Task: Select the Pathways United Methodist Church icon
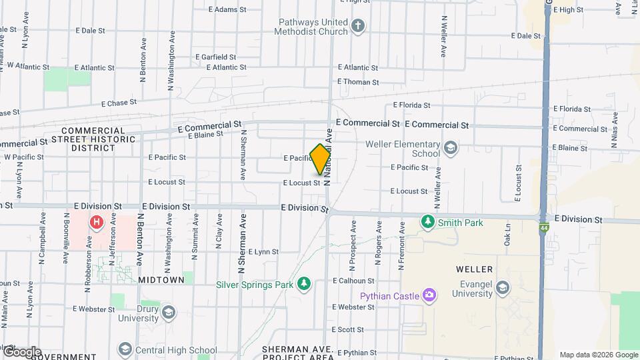point(358,26)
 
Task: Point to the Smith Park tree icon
point(427,221)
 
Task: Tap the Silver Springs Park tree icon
point(304,284)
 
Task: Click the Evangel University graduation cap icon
point(502,288)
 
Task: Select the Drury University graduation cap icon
point(169,312)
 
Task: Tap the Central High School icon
point(125,349)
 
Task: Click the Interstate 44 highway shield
point(545,227)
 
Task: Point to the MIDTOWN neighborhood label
point(161,281)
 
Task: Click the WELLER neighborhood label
point(474,269)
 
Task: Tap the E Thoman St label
point(358,82)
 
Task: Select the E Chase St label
point(119,103)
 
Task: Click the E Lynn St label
point(263,252)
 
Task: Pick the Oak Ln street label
point(507,236)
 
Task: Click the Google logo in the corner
point(21,352)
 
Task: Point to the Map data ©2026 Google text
point(599,355)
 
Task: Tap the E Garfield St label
point(216,57)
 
